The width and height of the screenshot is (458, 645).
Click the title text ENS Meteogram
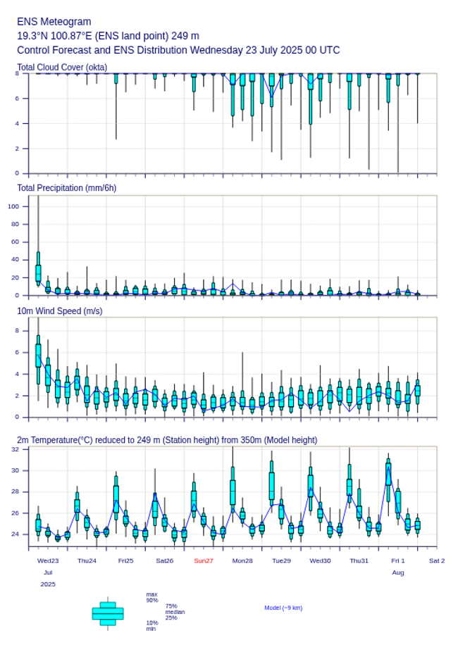click(54, 22)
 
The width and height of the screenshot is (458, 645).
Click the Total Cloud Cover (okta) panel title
click(62, 67)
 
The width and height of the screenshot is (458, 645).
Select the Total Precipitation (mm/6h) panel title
click(66, 187)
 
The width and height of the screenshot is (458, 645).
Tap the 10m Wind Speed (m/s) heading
click(59, 311)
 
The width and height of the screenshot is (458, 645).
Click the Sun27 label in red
click(204, 561)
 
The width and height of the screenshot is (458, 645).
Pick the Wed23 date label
click(48, 561)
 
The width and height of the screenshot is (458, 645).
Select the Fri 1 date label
click(398, 561)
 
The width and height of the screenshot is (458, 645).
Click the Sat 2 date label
click(437, 561)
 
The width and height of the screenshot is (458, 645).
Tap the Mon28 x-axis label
click(242, 561)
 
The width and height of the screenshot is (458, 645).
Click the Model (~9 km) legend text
click(283, 608)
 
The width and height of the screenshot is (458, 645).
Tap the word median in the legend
click(175, 612)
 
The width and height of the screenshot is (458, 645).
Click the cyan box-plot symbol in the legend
click(108, 613)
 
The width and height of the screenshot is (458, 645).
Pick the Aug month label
click(398, 572)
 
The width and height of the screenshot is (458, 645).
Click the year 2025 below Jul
click(48, 584)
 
